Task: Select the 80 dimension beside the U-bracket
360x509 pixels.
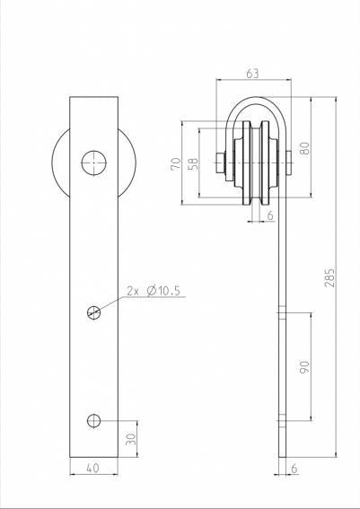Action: coord(305,148)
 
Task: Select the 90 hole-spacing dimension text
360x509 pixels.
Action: coord(304,366)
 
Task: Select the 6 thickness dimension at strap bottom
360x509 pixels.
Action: coord(294,467)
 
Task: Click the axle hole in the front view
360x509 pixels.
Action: coord(94,163)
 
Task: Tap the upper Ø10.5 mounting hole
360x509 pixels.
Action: coord(94,312)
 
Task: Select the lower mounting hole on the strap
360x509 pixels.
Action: coord(94,420)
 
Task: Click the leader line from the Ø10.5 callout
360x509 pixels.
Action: coord(111,303)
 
